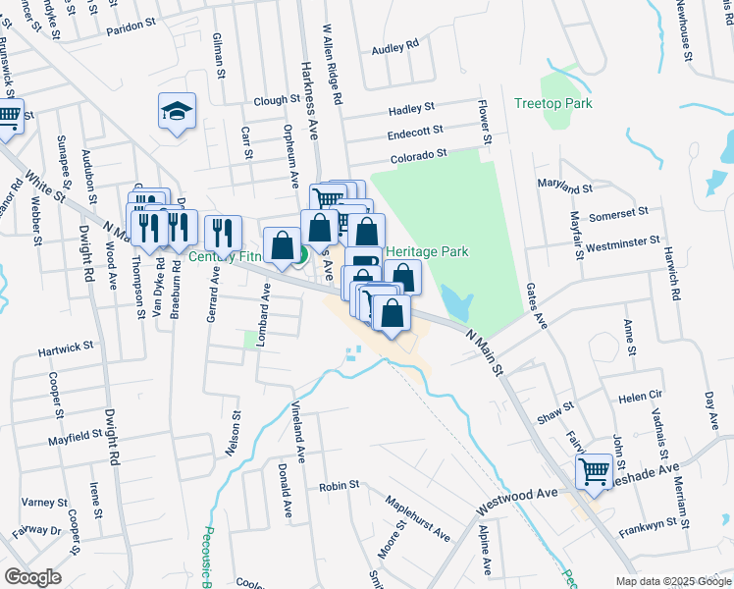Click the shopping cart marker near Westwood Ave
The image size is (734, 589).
tap(594, 471)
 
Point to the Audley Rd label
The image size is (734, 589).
tap(395, 45)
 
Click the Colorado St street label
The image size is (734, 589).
tap(418, 154)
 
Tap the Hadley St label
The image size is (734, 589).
tap(411, 108)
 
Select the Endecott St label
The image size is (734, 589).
tap(416, 131)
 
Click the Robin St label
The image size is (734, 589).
tap(340, 486)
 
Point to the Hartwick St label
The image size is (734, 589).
tap(65, 347)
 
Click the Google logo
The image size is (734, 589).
tap(32, 577)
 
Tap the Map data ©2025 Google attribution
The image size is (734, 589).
tap(673, 580)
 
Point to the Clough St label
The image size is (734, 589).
tap(276, 100)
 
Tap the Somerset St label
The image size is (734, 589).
tap(618, 212)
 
